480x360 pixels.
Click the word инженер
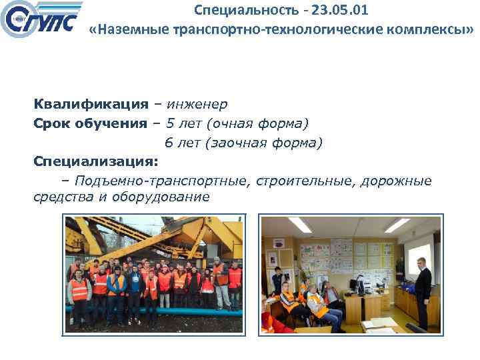click(x=197, y=104)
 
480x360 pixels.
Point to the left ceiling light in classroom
click(x=301, y=225)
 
